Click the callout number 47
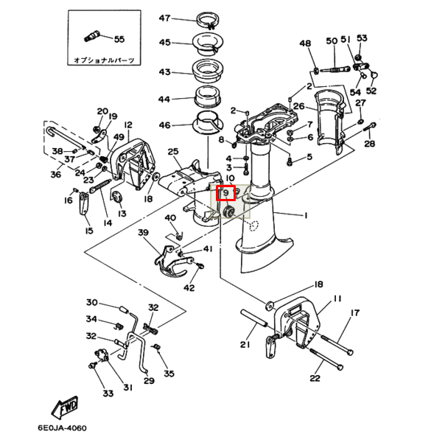pyautogui.click(x=164, y=18)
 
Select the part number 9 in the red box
pyautogui.click(x=226, y=194)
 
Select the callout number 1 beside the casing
pyautogui.click(x=305, y=215)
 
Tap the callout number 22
pyautogui.click(x=315, y=379)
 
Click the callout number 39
pyautogui.click(x=143, y=232)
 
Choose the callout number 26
pyautogui.click(x=298, y=106)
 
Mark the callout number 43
pyautogui.click(x=164, y=72)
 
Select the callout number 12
pyautogui.click(x=127, y=125)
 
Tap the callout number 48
pyautogui.click(x=305, y=43)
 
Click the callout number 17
pyautogui.click(x=355, y=312)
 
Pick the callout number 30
pyautogui.click(x=92, y=303)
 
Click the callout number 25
pyautogui.click(x=173, y=152)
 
